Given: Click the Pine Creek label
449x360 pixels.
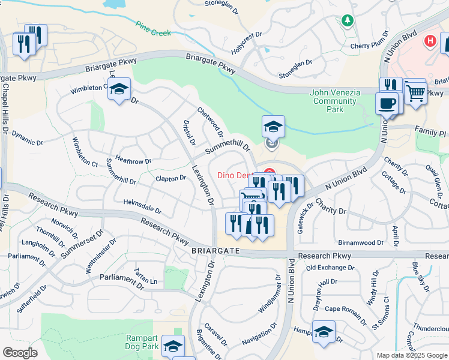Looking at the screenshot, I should click(x=150, y=28).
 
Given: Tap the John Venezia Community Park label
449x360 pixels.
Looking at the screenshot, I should click(x=336, y=101).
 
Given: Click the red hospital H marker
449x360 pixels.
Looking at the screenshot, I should click(x=430, y=41).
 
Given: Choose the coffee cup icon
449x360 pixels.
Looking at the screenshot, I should click(x=387, y=104).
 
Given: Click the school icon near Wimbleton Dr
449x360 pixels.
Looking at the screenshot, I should click(x=119, y=91).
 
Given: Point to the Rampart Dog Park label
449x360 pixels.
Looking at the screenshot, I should click(x=142, y=342).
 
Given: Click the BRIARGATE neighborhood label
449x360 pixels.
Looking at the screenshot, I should click(x=215, y=250).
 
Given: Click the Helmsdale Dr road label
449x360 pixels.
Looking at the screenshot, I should click(x=142, y=206).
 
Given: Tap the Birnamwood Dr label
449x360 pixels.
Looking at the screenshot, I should click(x=360, y=242).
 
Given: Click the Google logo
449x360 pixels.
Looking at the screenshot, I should click(x=20, y=353).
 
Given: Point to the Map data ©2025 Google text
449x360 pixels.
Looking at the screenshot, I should click(x=412, y=355).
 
